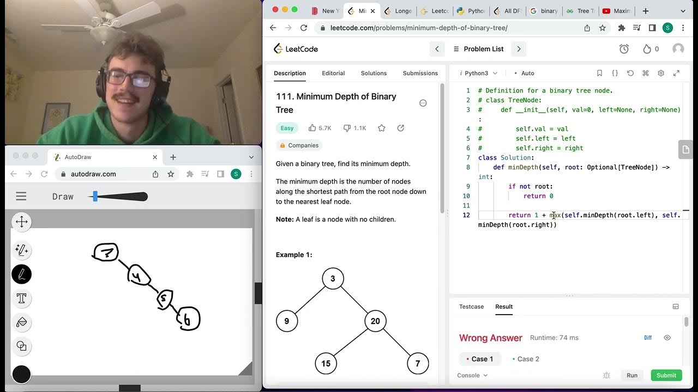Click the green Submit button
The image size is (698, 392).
pos(666,375)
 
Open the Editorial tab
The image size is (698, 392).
pos(333,73)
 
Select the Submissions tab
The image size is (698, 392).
pos(420,73)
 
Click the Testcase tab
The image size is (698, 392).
pos(471,307)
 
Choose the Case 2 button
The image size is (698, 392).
pos(526,359)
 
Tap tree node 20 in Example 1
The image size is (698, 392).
pos(375,321)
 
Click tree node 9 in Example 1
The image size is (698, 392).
pos(287,321)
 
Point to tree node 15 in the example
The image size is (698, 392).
pos(326,363)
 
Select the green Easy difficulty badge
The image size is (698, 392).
pos(287,128)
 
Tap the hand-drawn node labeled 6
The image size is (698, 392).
pos(188,320)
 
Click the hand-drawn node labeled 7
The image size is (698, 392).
pos(106,252)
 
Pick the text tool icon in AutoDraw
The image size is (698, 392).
pos(22,298)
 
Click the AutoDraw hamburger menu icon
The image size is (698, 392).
pos(21,197)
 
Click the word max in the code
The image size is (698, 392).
pos(555,215)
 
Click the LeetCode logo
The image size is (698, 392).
pos(296,49)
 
